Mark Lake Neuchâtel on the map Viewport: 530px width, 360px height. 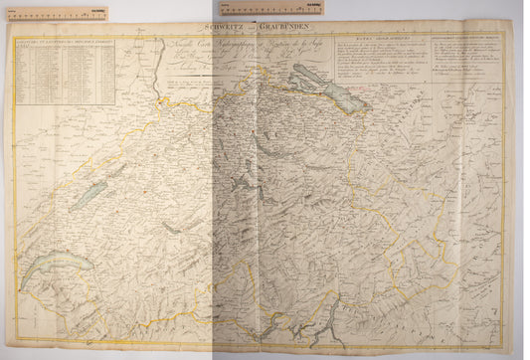pos(89,193)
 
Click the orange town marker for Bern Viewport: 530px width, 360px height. pos(145,190)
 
